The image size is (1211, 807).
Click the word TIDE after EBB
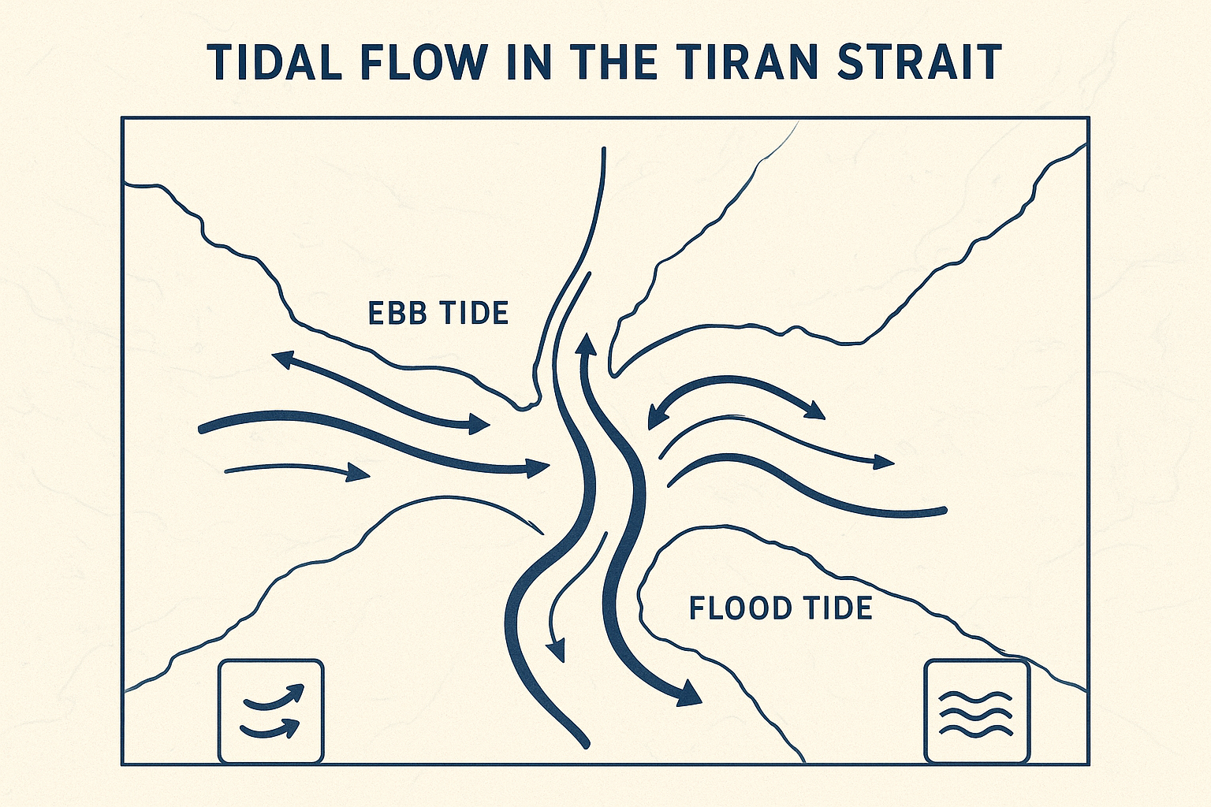tap(474, 313)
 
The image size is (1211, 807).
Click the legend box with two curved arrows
tap(270, 712)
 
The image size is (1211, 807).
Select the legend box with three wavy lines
tap(977, 712)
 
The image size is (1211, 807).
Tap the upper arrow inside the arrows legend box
tap(274, 697)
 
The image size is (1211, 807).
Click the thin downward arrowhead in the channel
tap(557, 650)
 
